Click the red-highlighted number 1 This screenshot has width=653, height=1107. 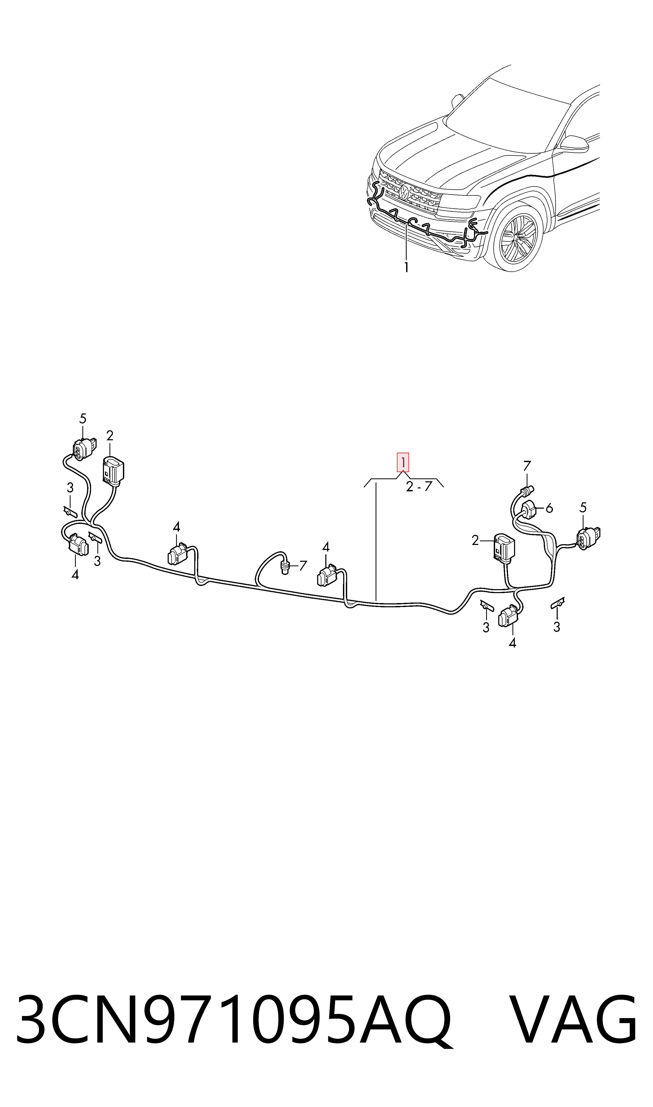[x=403, y=462]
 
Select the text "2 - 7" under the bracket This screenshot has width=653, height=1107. [x=419, y=487]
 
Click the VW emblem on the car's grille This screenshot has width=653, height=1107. [x=404, y=192]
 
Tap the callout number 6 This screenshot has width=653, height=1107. [x=549, y=509]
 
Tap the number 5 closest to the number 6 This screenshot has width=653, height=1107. [x=583, y=508]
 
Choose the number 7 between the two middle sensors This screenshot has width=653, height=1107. [x=303, y=566]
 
